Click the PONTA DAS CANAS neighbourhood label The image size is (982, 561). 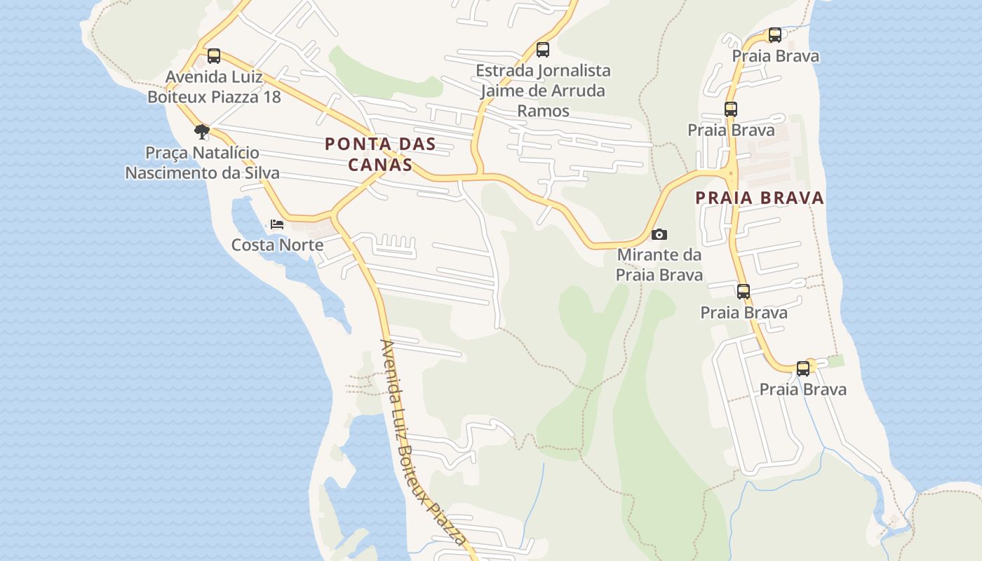point(379,154)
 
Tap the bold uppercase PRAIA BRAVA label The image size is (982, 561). point(760,198)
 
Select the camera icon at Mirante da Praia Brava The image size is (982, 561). point(659,235)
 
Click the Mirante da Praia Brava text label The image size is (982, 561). point(659,264)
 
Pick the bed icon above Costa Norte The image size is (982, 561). point(277,224)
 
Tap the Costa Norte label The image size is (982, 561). point(277,245)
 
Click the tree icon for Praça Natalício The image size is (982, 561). point(202,131)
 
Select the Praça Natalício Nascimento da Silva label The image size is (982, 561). point(202,163)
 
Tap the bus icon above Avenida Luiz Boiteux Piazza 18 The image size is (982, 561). point(214,56)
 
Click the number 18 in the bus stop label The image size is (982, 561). point(271,97)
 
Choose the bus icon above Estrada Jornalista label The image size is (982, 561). point(542,50)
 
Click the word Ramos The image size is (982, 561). point(543,111)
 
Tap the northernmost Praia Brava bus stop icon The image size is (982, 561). point(774,35)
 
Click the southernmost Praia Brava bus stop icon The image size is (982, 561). point(803,369)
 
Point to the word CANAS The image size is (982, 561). point(379,165)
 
